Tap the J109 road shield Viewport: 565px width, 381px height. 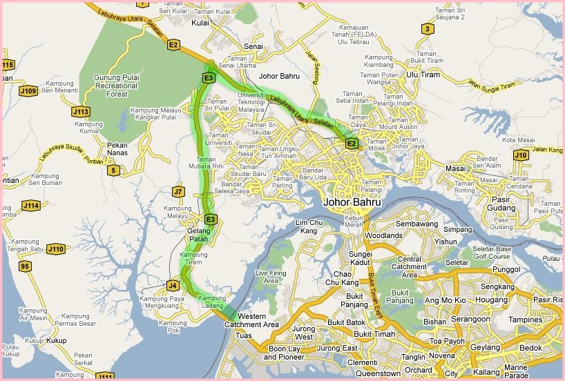point(28,90)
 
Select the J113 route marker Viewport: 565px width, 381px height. point(81,110)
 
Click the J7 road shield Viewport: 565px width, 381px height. point(179,192)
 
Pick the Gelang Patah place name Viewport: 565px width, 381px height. point(198,235)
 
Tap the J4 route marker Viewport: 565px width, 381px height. point(173,284)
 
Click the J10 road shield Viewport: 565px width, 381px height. point(521,155)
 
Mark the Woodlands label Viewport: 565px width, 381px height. point(383,235)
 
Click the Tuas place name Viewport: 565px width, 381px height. point(243,335)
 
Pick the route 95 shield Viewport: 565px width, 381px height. point(26,266)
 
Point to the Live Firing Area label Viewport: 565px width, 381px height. point(271,277)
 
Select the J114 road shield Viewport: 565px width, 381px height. point(30,206)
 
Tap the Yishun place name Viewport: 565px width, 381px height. point(446,242)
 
